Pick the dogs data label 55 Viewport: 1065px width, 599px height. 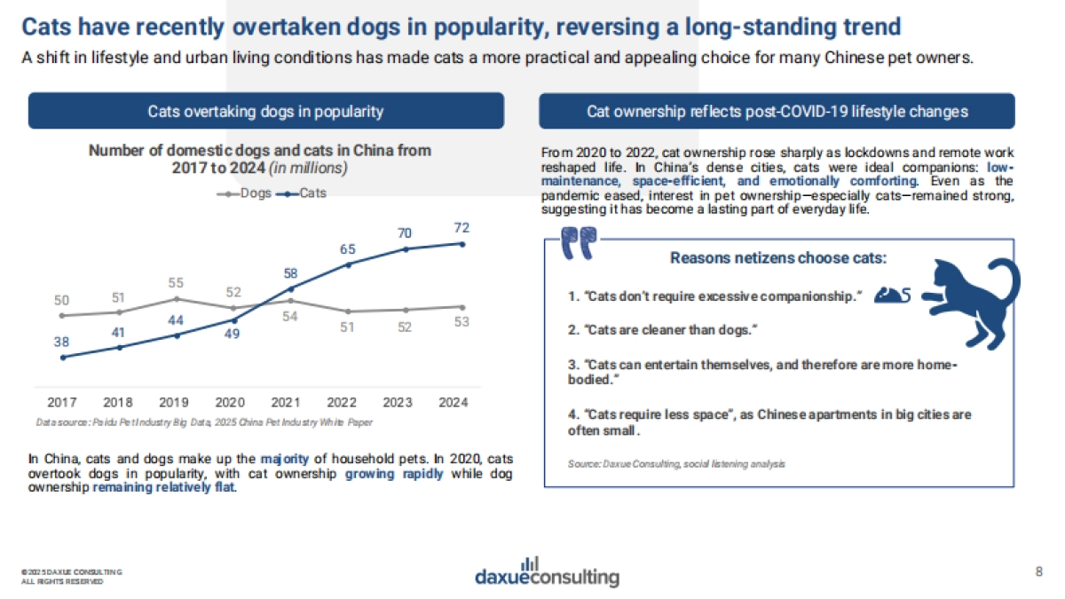tap(176, 283)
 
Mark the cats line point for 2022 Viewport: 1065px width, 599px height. tap(348, 264)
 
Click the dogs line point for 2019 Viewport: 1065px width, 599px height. tap(176, 298)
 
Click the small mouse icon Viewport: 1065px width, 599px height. tap(892, 294)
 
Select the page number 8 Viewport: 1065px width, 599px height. tap(1039, 571)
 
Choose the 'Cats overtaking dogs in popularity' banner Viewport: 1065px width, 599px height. tap(266, 111)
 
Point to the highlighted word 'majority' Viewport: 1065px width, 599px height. tap(284, 459)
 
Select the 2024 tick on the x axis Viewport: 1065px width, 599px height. tap(454, 402)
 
